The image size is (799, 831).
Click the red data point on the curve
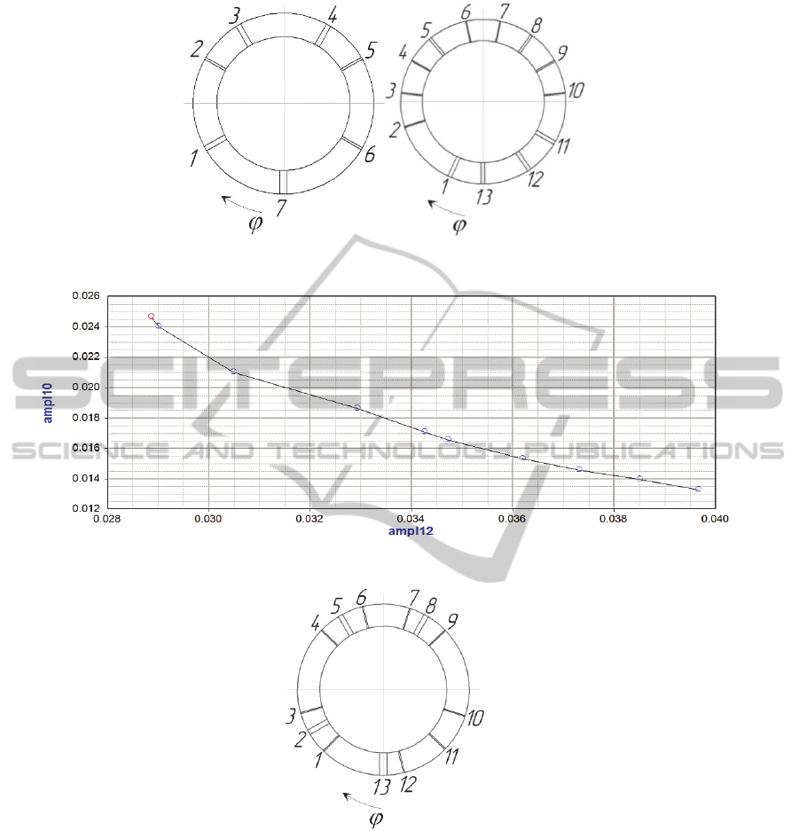pos(151,317)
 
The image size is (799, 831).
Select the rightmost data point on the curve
pos(698,490)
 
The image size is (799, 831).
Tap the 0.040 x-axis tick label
pos(715,519)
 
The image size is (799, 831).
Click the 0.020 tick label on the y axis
pos(86,387)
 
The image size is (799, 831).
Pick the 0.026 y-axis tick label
pos(86,295)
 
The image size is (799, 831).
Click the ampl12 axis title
pos(411,531)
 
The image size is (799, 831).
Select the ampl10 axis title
pos(48,404)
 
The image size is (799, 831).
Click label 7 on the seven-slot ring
pos(281,208)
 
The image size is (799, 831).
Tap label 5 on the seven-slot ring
pos(371,51)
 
